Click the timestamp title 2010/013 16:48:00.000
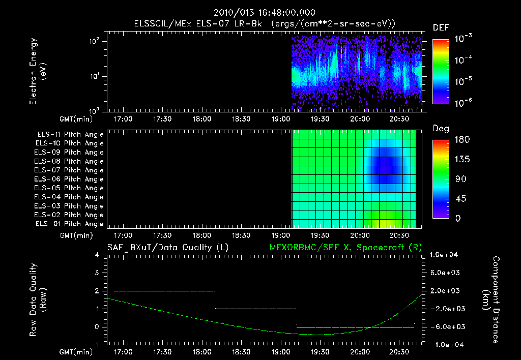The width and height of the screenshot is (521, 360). pyautogui.click(x=265, y=13)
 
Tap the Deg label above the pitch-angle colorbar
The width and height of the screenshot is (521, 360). pyautogui.click(x=441, y=129)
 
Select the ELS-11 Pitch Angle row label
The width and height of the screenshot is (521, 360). pyautogui.click(x=70, y=135)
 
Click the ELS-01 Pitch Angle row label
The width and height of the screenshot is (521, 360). pyautogui.click(x=70, y=224)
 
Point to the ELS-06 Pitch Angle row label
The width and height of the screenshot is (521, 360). pyautogui.click(x=70, y=179)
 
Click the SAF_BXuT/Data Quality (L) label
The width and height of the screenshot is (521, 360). pyautogui.click(x=167, y=248)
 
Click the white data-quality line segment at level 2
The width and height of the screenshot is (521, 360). pyautogui.click(x=164, y=291)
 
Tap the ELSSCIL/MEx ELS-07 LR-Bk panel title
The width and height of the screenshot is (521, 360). pyautogui.click(x=265, y=23)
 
